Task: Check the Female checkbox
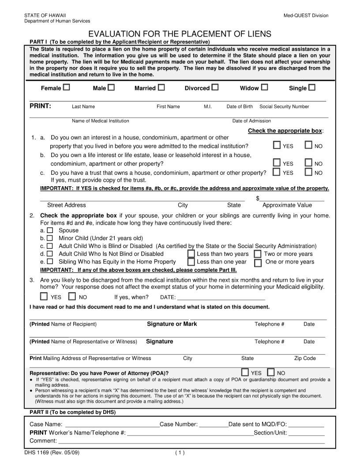pos(66,87)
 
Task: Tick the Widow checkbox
pos(264,87)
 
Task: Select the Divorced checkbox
pos(215,87)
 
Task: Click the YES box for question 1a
pos(277,145)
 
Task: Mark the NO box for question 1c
pos(309,172)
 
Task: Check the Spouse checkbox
pos(50,230)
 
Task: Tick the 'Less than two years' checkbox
pos(191,254)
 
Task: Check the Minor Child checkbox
pos(50,238)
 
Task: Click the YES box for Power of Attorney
pos(245,372)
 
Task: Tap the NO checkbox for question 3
pos(72,296)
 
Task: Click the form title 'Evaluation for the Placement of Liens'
pos(180,34)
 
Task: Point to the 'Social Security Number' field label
pos(284,107)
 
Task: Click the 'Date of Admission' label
pos(251,121)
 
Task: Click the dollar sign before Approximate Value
pos(258,198)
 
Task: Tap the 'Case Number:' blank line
pos(214,425)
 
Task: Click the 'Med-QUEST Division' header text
pos(306,16)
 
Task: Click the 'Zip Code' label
pos(305,358)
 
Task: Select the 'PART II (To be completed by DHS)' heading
pos(72,413)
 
